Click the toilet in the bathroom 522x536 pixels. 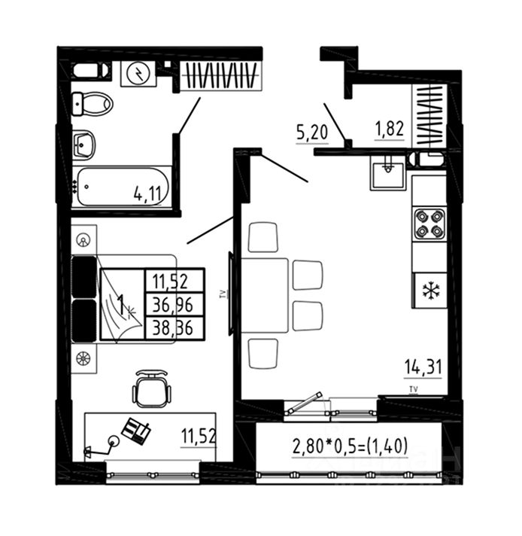[93, 103]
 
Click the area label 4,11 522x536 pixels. [148, 193]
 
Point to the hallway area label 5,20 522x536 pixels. [311, 134]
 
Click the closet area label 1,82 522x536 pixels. [390, 128]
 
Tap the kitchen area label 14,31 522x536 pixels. [421, 367]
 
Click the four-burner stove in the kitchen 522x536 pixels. [429, 224]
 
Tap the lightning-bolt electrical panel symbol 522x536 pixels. [139, 73]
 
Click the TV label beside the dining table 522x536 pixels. [223, 294]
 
